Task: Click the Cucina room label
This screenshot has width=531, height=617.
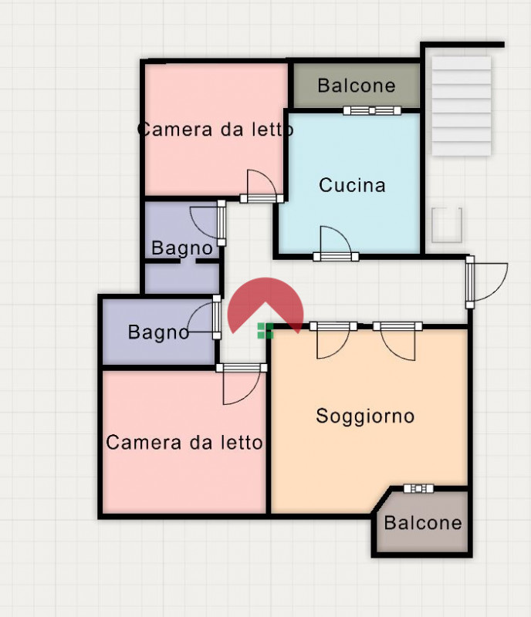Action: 352,186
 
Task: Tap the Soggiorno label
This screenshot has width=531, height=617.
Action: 365,416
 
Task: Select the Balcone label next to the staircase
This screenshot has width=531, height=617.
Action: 356,86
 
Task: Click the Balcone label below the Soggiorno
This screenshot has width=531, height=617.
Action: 422,523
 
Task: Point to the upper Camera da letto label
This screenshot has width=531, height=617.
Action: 215,130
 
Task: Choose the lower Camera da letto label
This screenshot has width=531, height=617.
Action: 184,443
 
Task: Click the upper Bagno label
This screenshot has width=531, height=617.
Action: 181,248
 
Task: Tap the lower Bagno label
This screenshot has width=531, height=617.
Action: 158,332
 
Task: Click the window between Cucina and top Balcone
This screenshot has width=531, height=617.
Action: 372,111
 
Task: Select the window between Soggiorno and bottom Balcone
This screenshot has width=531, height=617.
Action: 419,488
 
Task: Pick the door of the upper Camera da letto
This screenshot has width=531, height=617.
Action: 261,188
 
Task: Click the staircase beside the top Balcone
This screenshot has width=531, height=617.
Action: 461,106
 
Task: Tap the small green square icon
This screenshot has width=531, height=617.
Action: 265,332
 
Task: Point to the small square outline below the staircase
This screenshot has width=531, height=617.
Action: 447,225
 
